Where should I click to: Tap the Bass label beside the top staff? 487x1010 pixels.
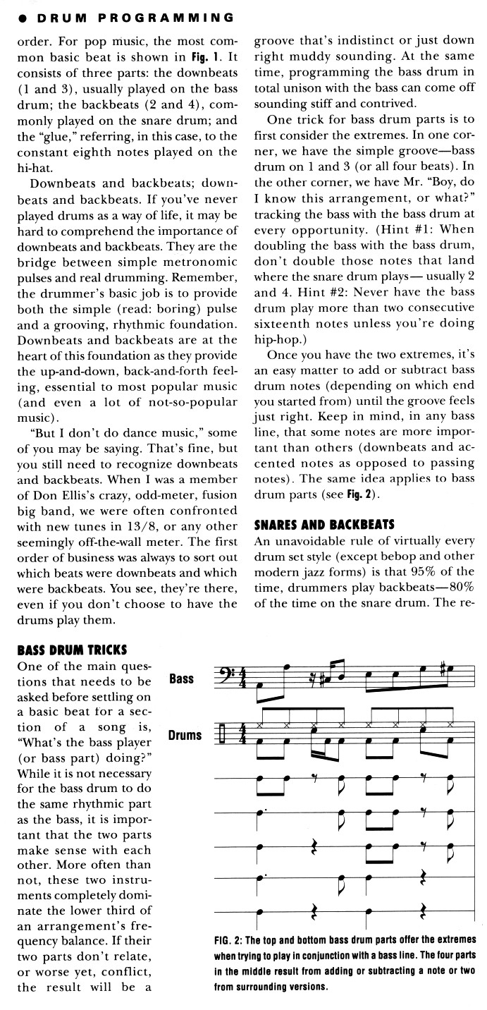(182, 679)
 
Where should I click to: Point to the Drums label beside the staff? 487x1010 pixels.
(185, 735)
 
